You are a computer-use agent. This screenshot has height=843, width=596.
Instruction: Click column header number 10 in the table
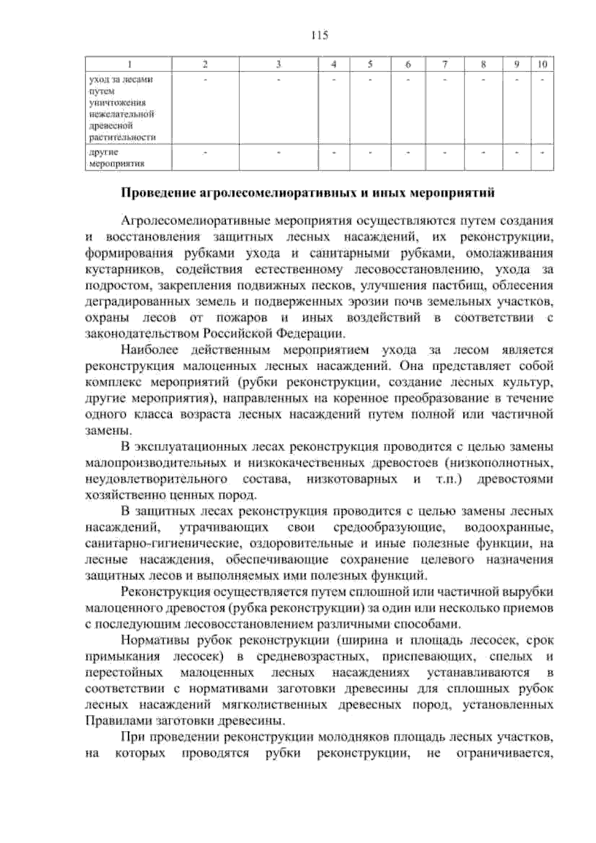pos(543,64)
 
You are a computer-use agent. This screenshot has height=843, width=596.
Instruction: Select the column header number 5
pos(371,64)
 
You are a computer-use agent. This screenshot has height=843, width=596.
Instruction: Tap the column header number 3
pos(279,64)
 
